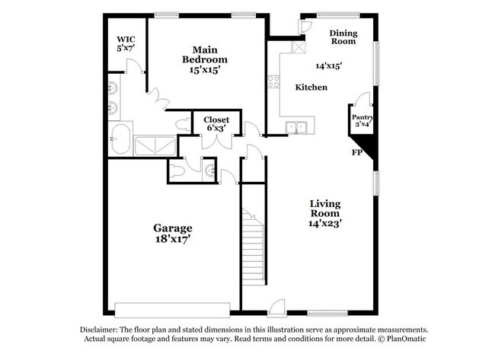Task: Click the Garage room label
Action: click(173, 228)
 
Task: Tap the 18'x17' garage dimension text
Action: click(173, 239)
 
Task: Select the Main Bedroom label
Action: click(204, 54)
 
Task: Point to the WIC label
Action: click(126, 39)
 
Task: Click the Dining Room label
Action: click(343, 37)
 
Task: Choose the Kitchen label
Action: click(311, 88)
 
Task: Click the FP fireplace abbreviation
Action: click(356, 152)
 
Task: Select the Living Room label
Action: click(324, 209)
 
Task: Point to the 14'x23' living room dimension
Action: click(324, 224)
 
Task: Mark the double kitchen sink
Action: click(297, 127)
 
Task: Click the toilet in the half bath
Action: click(177, 172)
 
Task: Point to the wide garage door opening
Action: click(172, 308)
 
